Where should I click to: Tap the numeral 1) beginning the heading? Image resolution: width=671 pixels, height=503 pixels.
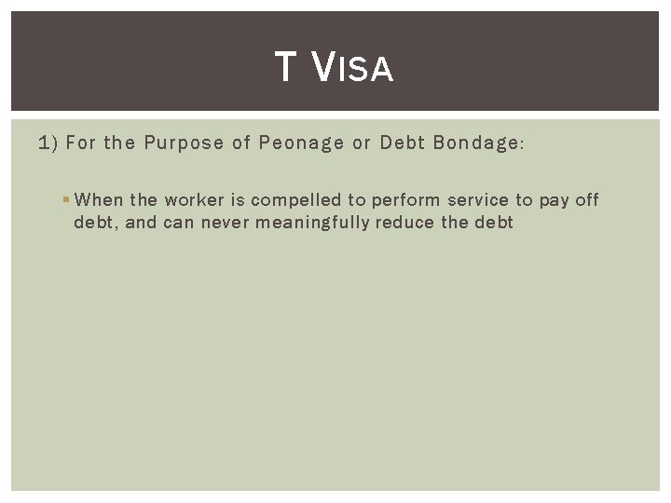[x=48, y=144]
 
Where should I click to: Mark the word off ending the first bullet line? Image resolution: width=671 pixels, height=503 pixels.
[x=587, y=200]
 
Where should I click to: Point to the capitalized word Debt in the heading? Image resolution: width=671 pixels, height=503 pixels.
[x=400, y=144]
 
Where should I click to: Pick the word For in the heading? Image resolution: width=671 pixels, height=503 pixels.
[x=80, y=144]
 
